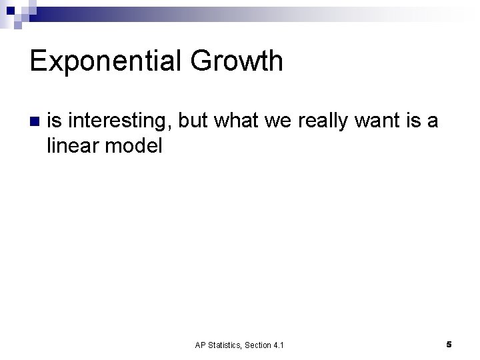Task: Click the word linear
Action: coord(72,146)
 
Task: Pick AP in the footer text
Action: coord(200,345)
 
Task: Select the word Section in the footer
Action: coord(259,345)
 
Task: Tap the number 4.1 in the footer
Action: coord(279,345)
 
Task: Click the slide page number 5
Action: coord(449,345)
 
